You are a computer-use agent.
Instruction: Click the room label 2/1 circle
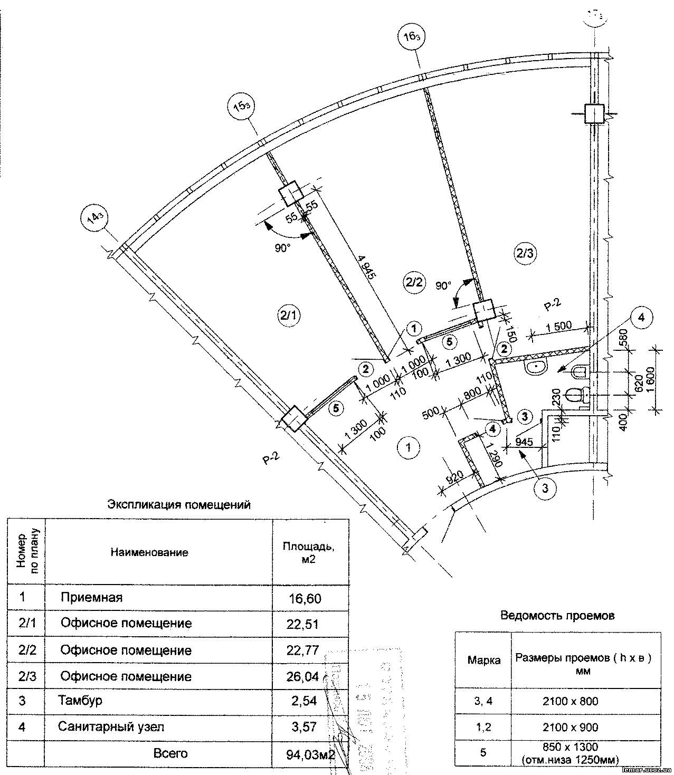[x=289, y=316]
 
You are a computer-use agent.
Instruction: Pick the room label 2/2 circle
[x=413, y=282]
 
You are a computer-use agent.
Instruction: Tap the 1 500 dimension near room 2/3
[x=558, y=327]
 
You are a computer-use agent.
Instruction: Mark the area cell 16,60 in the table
[x=305, y=598]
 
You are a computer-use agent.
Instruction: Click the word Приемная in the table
[x=91, y=598]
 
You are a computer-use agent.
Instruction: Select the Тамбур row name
[x=80, y=701]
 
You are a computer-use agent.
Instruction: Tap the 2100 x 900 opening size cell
[x=570, y=728]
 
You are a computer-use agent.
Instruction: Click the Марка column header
[x=484, y=660]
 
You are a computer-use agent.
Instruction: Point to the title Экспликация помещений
[x=178, y=504]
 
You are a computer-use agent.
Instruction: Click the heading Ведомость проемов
[x=557, y=615]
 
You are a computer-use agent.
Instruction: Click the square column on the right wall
[x=594, y=113]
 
